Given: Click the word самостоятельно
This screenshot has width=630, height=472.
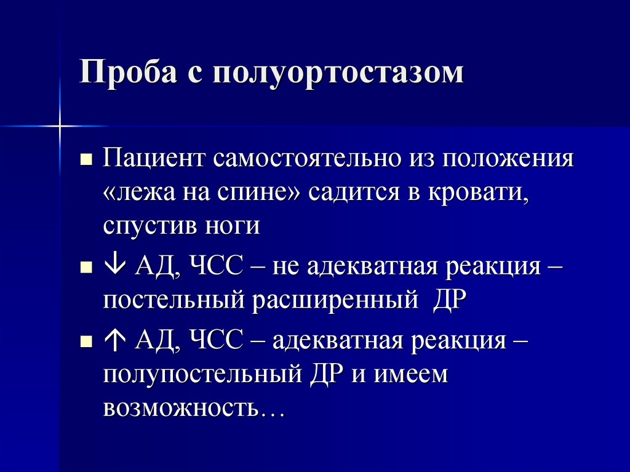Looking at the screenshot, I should (x=305, y=160).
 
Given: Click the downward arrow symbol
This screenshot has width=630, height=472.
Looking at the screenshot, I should (x=115, y=268).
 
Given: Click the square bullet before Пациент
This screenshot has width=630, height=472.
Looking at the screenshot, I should (x=86, y=161).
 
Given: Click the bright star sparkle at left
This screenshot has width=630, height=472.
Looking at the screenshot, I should (x=60, y=126).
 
